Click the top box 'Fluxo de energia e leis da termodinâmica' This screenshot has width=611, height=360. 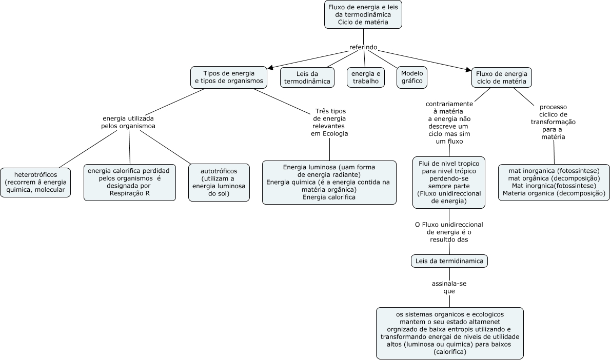pos(363,14)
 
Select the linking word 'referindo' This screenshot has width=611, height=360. pos(363,47)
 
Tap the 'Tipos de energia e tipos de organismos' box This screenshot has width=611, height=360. pos(229,77)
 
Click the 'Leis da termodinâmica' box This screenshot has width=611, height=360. pos(307,77)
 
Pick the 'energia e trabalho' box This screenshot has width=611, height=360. pos(365,77)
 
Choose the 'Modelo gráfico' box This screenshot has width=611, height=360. pos(412,77)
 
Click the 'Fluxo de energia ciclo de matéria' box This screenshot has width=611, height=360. pos(502,77)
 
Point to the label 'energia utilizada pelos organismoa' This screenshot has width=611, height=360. pos(128,122)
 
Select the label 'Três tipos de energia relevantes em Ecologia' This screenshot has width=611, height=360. pos(329,123)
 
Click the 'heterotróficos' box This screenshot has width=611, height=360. pos(35,183)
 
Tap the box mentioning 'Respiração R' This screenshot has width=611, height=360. pos(130,183)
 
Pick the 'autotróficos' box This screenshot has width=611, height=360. pos(219,183)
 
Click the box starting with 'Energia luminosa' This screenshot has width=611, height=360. pos(329,183)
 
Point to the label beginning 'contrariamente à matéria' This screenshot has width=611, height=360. pos(449,123)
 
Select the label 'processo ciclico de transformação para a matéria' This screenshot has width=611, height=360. pos(554,122)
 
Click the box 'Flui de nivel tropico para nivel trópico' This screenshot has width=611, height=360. pos(449,183)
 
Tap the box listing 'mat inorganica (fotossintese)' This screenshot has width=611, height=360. pos(554,183)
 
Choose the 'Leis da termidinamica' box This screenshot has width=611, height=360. pos(449,261)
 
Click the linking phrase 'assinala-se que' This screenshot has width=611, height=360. pos(449,287)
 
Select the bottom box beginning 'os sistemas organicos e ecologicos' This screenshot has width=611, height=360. pos(450,333)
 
